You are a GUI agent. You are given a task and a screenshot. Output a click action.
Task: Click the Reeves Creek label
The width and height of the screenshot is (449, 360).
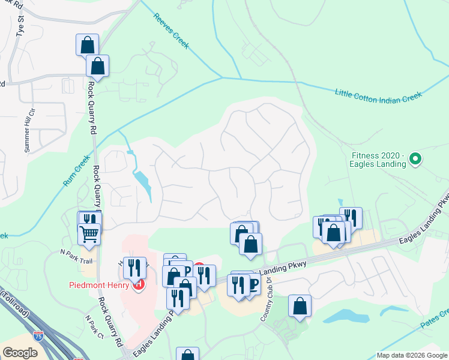(171, 28)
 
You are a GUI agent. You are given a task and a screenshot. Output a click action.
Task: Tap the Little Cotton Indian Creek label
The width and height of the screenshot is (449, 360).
(378, 96)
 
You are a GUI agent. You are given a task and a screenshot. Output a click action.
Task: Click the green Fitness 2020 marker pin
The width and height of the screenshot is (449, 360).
(415, 160)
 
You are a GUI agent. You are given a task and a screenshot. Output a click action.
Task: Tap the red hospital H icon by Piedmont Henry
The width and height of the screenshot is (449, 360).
(139, 284)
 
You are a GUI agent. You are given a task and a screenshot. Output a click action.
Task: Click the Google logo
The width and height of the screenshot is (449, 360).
(20, 352)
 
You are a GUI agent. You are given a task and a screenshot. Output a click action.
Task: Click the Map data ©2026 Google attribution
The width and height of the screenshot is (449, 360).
(412, 355)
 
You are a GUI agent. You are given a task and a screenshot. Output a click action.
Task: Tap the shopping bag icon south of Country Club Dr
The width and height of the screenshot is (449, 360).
(300, 305)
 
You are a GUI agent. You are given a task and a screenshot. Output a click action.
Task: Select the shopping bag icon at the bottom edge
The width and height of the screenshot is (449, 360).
(187, 355)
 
